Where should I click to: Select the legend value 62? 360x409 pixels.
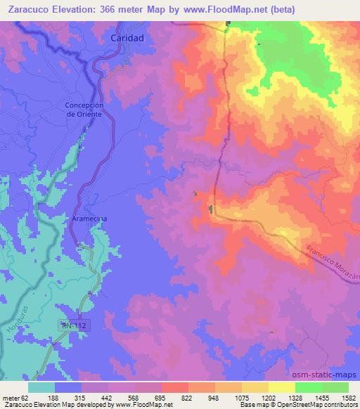pyautogui.click(x=27, y=397)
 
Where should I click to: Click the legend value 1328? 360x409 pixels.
pyautogui.click(x=285, y=397)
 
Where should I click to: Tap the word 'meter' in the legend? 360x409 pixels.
pyautogui.click(x=12, y=397)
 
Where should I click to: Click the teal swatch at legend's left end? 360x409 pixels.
pyautogui.click(x=41, y=387)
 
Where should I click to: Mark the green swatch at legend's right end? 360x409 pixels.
pyautogui.click(x=335, y=387)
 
